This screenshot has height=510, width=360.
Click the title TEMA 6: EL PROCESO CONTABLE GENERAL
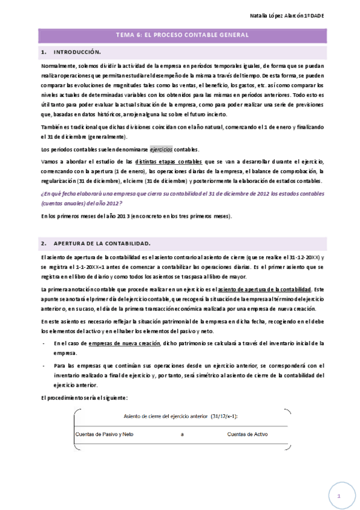182,35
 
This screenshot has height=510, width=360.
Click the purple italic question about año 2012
182,198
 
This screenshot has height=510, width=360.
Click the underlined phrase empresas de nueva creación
124,343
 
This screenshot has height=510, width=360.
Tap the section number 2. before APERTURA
44,243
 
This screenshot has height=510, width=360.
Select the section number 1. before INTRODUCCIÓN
44,52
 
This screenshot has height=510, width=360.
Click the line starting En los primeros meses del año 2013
136,216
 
